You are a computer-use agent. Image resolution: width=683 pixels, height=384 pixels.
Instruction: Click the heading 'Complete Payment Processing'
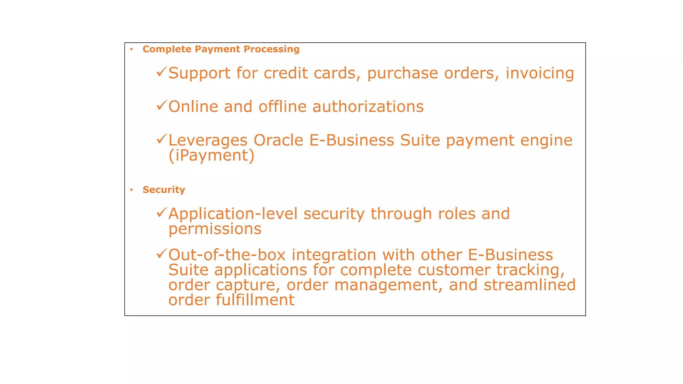pos(221,49)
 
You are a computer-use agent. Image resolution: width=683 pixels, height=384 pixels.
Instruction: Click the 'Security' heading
pos(163,190)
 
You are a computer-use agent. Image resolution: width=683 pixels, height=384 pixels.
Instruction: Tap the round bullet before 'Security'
pos(132,190)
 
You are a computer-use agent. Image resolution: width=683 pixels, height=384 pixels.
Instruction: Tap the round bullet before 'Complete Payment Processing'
pos(132,49)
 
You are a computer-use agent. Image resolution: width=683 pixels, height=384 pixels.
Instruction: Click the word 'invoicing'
pos(540,73)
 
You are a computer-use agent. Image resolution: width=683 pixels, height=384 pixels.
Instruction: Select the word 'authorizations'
pos(368,107)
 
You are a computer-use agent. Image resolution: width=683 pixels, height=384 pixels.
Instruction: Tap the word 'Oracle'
pos(278,140)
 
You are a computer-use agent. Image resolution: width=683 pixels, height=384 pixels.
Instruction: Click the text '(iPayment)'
pos(211,155)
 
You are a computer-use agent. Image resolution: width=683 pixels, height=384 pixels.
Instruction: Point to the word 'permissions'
pos(215,229)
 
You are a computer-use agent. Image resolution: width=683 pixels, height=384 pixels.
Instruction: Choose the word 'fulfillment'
pos(255,300)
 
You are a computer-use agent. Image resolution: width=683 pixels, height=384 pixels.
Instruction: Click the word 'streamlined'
pos(530,285)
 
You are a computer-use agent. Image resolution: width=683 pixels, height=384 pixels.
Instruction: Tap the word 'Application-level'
pos(233,214)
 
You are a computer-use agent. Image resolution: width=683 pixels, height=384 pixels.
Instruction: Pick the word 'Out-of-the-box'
pos(227,255)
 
